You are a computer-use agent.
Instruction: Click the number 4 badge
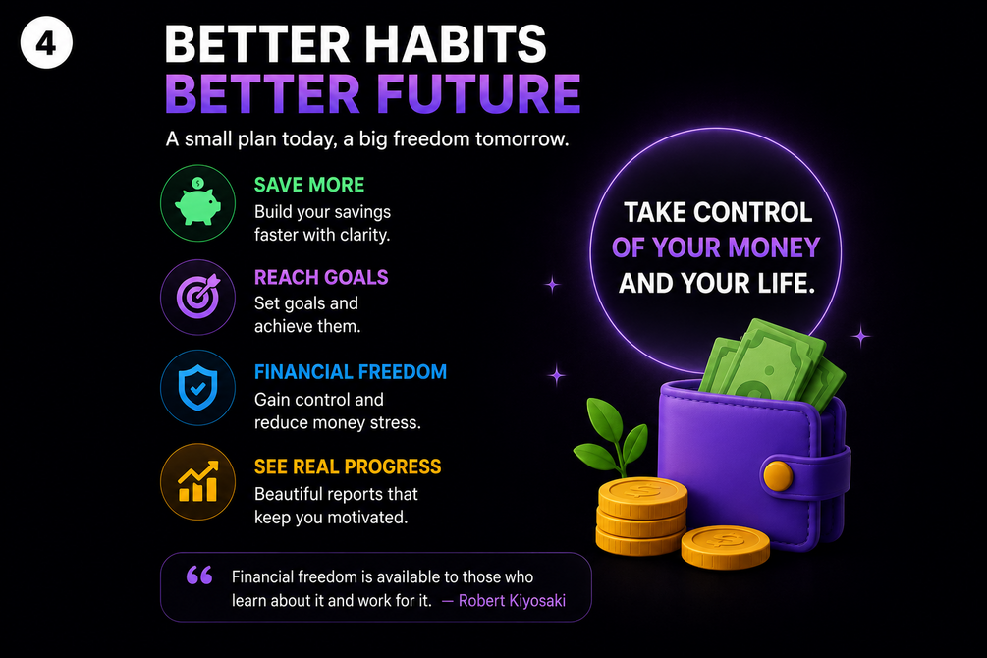tap(46, 43)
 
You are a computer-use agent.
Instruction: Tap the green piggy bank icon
tap(197, 202)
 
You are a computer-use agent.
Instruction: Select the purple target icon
tap(197, 297)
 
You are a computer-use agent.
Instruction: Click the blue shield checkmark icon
tap(197, 388)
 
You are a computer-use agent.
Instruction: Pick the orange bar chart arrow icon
tap(197, 481)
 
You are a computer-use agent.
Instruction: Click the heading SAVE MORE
tap(309, 185)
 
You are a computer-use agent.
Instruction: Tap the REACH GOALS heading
tap(321, 277)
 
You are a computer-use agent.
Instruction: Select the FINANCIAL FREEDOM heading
tap(350, 371)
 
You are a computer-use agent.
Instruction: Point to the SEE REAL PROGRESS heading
tap(348, 466)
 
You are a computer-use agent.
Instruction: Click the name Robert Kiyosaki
tap(512, 601)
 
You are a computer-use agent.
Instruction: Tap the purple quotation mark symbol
tap(199, 575)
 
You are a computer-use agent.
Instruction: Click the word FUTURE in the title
tap(478, 94)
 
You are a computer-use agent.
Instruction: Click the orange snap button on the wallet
tap(778, 476)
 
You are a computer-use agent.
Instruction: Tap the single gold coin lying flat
tap(725, 547)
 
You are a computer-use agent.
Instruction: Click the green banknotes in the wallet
tap(772, 365)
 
